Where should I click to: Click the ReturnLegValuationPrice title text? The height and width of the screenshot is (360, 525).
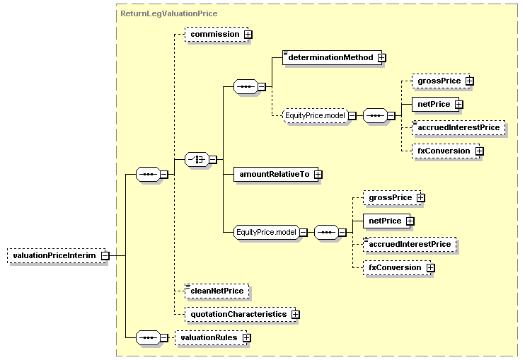click(168, 13)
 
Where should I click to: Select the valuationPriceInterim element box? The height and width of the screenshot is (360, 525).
click(53, 255)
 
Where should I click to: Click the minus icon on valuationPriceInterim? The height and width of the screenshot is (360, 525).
click(105, 255)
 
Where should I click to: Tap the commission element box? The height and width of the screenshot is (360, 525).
click(214, 34)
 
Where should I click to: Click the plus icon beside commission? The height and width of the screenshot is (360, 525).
click(248, 34)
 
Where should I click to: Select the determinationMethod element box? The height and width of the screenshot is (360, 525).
click(330, 57)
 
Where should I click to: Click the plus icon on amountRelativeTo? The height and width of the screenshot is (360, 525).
click(318, 174)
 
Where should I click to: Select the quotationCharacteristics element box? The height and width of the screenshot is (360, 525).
click(237, 313)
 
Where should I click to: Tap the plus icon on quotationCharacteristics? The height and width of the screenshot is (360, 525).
click(295, 314)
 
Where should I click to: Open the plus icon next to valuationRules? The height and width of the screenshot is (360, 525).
click(246, 338)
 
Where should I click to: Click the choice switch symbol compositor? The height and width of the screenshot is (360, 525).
click(196, 160)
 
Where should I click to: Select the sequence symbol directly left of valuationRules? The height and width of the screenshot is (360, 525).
click(147, 338)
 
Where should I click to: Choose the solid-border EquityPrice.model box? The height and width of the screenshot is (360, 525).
click(266, 231)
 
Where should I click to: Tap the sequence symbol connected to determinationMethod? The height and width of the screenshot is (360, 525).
click(245, 86)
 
